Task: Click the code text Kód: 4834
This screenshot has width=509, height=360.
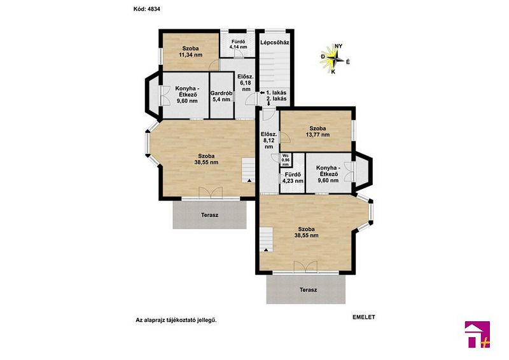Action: pyautogui.click(x=147, y=9)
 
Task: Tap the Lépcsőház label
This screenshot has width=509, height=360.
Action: pyautogui.click(x=275, y=42)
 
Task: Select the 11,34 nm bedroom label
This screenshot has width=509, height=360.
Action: pyautogui.click(x=190, y=52)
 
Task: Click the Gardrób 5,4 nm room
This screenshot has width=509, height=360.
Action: pyautogui.click(x=222, y=96)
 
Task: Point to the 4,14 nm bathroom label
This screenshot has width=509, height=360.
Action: pyautogui.click(x=238, y=44)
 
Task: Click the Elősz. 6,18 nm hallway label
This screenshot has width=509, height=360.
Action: pyautogui.click(x=245, y=83)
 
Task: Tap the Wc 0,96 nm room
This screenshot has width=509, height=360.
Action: pyautogui.click(x=285, y=160)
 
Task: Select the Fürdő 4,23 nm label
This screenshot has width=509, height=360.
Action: pyautogui.click(x=293, y=178)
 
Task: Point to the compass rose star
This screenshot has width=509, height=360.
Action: pyautogui.click(x=335, y=59)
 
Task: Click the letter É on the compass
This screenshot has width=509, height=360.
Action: pyautogui.click(x=347, y=62)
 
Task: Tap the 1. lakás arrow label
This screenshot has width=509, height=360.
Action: pyautogui.click(x=274, y=92)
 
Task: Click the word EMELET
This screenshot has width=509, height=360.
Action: pyautogui.click(x=364, y=317)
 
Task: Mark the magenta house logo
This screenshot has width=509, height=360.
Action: pyautogui.click(x=477, y=335)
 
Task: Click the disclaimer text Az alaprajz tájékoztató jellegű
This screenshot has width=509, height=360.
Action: pyautogui.click(x=176, y=320)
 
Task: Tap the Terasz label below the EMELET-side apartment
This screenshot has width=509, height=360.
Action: pyautogui.click(x=309, y=289)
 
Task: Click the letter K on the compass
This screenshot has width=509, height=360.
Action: pyautogui.click(x=333, y=72)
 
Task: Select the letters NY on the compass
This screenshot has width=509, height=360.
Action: pyautogui.click(x=338, y=46)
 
